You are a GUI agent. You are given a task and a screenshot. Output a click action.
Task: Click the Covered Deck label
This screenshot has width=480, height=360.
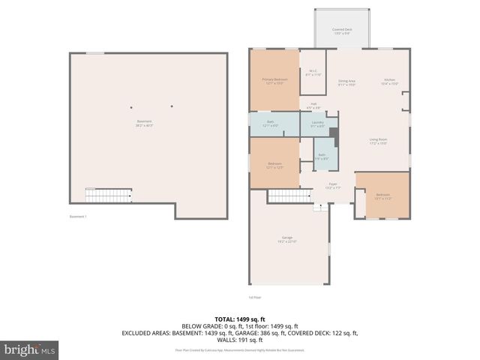pyautogui.click(x=342, y=31)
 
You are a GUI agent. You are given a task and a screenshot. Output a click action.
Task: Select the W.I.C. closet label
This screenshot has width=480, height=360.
pyautogui.click(x=313, y=73)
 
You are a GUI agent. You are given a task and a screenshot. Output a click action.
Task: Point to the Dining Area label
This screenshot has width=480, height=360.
pyautogui.click(x=346, y=82)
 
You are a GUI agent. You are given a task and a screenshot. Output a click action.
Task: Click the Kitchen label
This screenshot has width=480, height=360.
pyautogui.click(x=389, y=82)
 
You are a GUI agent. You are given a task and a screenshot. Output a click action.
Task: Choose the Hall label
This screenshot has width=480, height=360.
pyautogui.click(x=313, y=105)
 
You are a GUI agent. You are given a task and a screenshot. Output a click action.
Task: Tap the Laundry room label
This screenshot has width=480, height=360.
pyautogui.click(x=316, y=124)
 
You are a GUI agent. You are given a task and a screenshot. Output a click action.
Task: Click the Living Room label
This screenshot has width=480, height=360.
pyautogui.click(x=377, y=141)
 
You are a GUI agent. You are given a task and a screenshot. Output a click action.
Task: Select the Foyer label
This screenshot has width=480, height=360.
pyautogui.click(x=332, y=184)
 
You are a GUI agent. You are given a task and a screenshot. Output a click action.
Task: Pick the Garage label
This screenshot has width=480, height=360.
pyautogui.click(x=287, y=239)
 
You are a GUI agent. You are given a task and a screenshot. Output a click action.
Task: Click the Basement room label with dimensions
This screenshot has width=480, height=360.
pyautogui.click(x=143, y=123)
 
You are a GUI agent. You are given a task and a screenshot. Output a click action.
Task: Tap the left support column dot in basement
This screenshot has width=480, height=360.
pyautogui.click(x=131, y=106)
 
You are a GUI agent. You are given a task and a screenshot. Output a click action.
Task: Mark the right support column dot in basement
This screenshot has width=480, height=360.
pyautogui.click(x=172, y=106)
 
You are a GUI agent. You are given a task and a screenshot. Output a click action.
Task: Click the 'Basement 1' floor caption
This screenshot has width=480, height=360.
pyautogui.click(x=79, y=217)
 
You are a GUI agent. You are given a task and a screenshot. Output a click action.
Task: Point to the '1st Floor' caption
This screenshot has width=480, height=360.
pyautogui.click(x=255, y=298)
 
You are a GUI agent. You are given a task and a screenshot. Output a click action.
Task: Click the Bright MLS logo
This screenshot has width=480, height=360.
pyautogui.click(x=29, y=349)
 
